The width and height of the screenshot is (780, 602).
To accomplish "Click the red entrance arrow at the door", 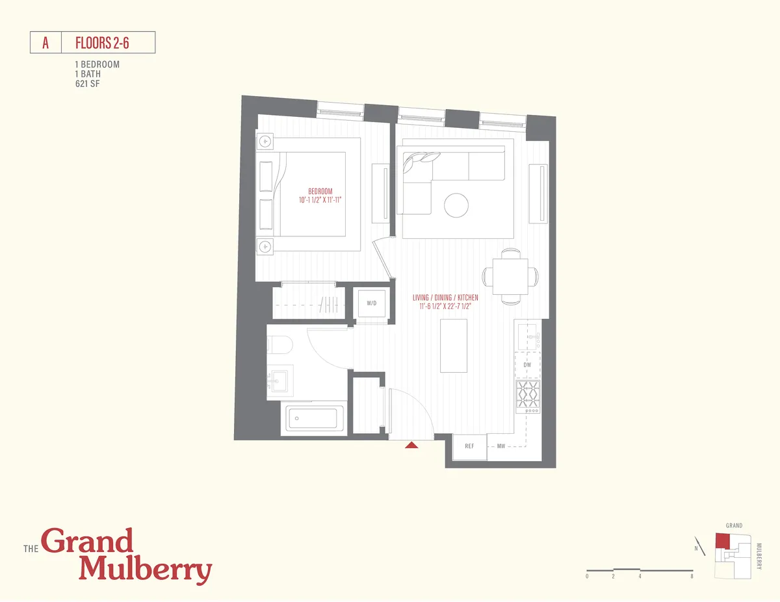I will point(411,445).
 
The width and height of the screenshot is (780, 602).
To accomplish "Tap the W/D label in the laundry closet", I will point(371,303).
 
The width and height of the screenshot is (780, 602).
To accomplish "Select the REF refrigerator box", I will point(470,446).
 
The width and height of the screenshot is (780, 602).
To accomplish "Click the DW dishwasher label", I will point(527,365).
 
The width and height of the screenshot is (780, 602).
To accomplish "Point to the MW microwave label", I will point(502,446).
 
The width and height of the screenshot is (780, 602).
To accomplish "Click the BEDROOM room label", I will point(320,192).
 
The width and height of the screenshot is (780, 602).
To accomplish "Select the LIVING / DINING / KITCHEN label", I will point(445,298).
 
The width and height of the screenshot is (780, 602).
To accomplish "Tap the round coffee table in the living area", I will point(456,206).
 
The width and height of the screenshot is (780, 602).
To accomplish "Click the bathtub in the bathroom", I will point(315,419).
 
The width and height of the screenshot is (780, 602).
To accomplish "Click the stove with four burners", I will point(527,396).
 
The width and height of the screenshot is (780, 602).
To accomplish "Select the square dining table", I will point(511,276).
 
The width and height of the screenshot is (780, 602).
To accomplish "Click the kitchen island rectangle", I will point(454,345).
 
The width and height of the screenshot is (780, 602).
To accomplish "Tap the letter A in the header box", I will point(45,44).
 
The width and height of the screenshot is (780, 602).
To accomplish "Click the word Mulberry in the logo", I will point(145,570).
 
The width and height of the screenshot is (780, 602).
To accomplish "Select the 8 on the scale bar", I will point(692,577).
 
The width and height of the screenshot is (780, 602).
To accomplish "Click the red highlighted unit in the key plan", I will point(722,542).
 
